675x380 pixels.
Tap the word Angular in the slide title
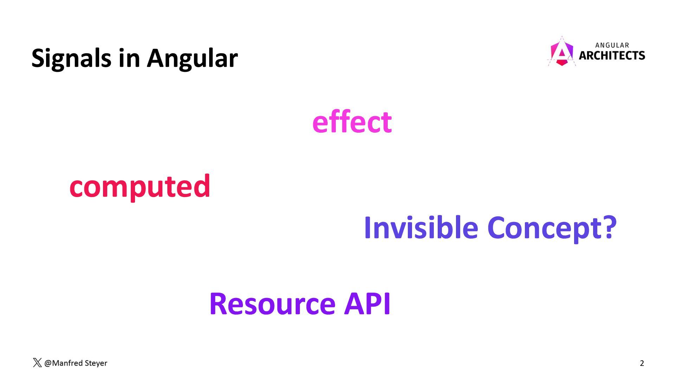(192, 58)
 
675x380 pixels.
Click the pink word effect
(352, 122)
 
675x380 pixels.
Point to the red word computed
(140, 186)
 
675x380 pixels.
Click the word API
(367, 303)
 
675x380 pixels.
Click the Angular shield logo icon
(561, 52)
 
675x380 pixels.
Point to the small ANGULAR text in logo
(612, 45)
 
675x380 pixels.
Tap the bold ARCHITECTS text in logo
(612, 56)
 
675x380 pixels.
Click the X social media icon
(37, 363)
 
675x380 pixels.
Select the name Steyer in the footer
(96, 363)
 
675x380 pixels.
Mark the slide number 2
(642, 363)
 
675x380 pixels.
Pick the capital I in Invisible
(368, 228)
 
